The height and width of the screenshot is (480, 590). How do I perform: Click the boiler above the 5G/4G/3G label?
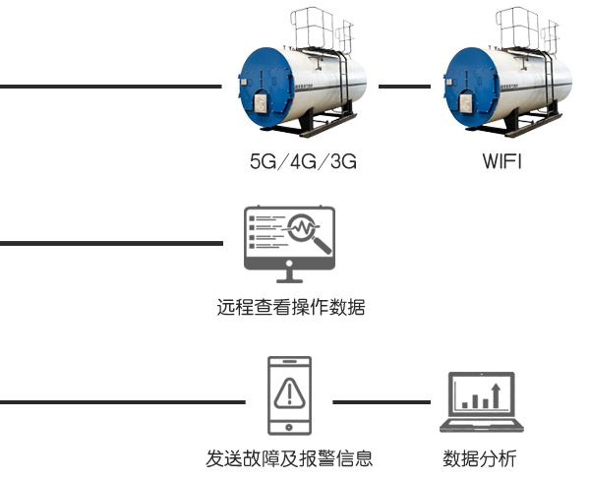[x=304, y=85]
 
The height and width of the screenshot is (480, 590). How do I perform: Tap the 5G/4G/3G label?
[x=303, y=162]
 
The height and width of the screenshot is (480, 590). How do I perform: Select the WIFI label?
[x=501, y=162]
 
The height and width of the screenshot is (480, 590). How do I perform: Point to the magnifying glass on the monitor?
[x=306, y=232]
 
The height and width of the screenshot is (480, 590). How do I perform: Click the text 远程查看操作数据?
[x=291, y=308]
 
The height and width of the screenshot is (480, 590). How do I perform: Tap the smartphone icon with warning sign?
[x=289, y=396]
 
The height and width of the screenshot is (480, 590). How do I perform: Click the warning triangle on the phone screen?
[x=289, y=393]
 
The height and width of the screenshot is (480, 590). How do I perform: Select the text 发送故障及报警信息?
[x=289, y=458]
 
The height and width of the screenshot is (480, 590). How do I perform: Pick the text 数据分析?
[x=479, y=458]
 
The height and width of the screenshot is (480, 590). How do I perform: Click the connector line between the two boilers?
[x=404, y=87]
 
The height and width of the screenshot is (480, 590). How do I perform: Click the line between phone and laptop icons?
[x=382, y=402]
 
